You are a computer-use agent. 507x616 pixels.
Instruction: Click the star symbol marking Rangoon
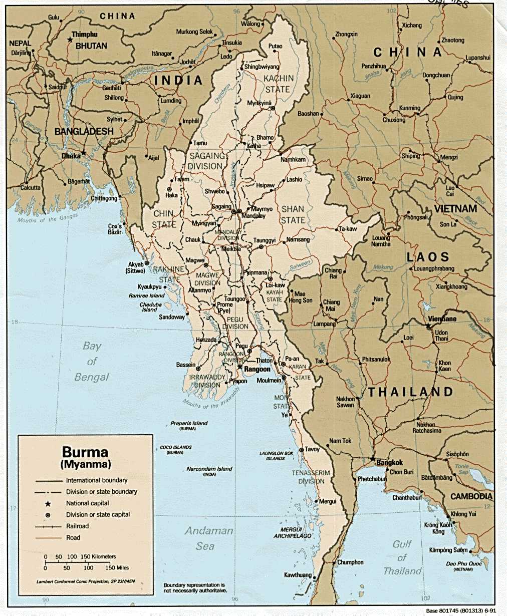(240, 367)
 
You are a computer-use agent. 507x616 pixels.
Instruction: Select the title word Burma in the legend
(85, 452)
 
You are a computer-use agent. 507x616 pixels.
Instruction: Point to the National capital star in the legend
(48, 503)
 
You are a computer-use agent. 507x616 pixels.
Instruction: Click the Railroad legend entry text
(77, 526)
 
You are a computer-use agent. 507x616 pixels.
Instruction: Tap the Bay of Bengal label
(92, 361)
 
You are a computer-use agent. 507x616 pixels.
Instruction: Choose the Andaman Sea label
(209, 538)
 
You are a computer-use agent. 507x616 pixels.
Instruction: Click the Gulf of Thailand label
(402, 557)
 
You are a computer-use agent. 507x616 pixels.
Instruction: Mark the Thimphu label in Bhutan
(84, 35)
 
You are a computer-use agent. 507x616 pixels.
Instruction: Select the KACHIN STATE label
(279, 84)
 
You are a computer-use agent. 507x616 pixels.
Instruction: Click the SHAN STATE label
(293, 214)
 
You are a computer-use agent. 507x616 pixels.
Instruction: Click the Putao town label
(275, 46)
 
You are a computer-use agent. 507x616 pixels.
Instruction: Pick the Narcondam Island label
(209, 469)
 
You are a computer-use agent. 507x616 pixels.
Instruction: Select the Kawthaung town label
(298, 575)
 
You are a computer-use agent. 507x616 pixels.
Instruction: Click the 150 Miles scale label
(117, 567)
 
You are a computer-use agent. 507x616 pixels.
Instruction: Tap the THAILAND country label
(410, 392)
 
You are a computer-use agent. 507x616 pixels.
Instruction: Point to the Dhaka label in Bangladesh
(71, 156)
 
